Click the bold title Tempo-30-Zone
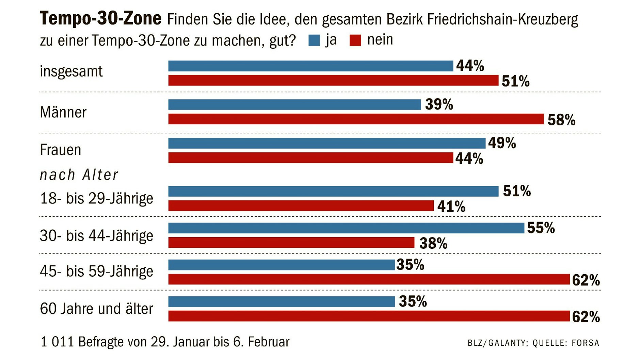point(100,18)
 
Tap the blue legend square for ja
point(314,40)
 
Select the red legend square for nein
point(355,40)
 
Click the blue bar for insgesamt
point(310,66)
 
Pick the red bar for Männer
point(356,119)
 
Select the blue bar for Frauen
point(327,143)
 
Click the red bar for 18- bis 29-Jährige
point(301,206)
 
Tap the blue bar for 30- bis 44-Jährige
point(346,228)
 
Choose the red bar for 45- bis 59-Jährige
point(369,279)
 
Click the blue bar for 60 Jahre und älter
point(282,302)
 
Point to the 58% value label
point(561,120)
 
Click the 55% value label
point(541,228)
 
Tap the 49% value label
point(502,143)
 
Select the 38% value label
point(433,243)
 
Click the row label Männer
point(63,112)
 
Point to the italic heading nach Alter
point(79,175)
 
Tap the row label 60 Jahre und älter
point(96,309)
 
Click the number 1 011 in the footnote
point(57,342)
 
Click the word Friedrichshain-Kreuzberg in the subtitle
point(502,20)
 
